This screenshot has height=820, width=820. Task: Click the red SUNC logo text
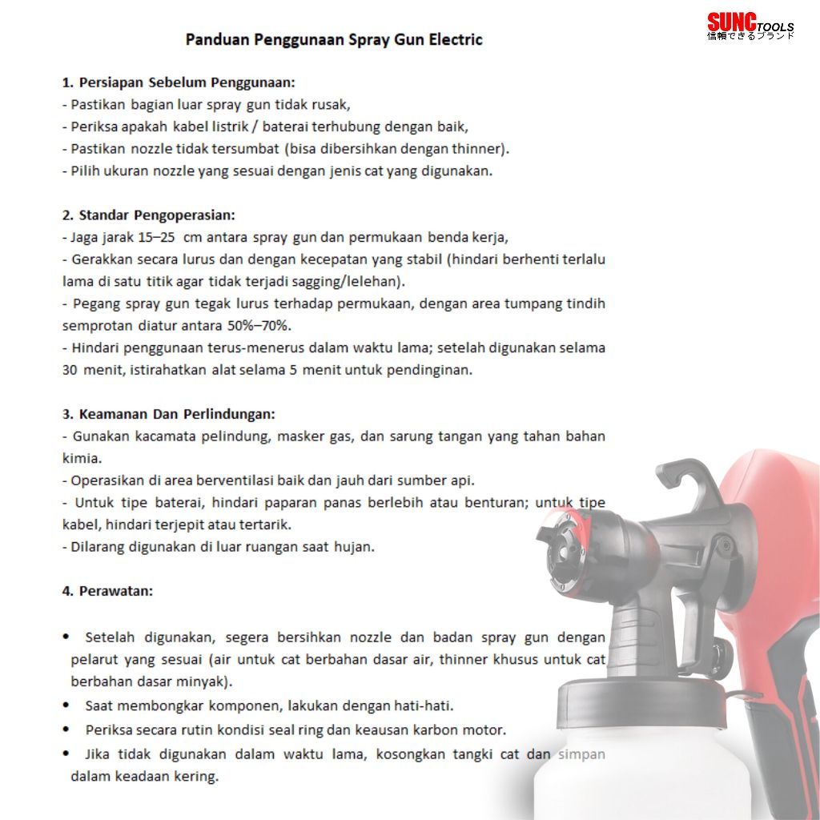[732, 22]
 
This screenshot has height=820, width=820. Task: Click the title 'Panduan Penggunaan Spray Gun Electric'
[334, 40]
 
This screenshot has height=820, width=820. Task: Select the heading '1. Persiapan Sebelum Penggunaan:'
[179, 82]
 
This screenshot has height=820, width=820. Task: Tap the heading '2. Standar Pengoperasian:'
[149, 215]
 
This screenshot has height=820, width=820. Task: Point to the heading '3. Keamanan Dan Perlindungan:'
[168, 414]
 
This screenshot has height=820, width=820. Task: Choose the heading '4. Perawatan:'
[108, 591]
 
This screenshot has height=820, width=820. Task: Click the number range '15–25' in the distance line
[156, 237]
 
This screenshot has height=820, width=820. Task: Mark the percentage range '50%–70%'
[259, 326]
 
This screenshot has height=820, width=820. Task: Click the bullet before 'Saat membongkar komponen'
[66, 705]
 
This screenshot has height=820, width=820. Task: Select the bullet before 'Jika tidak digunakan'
[66, 754]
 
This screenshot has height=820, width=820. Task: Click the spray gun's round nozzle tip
[563, 553]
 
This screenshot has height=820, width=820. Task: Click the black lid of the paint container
[641, 702]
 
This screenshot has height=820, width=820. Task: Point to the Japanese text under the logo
[750, 35]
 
